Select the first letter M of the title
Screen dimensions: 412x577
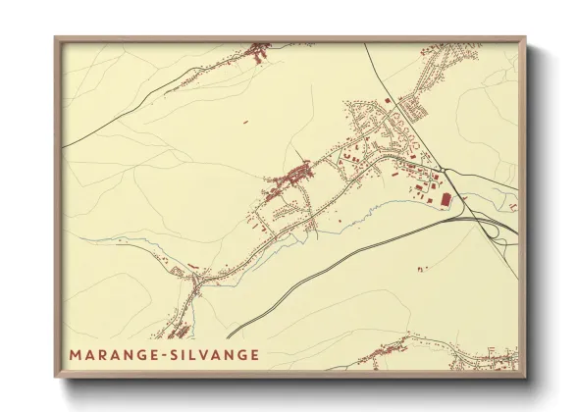tap(76, 354)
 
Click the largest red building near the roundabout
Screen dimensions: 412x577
tap(446, 199)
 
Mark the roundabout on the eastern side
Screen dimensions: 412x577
tap(443, 171)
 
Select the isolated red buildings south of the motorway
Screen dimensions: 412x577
tap(423, 267)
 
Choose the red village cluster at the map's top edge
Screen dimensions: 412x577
tap(259, 51)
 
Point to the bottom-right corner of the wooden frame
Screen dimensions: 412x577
tap(524, 378)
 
